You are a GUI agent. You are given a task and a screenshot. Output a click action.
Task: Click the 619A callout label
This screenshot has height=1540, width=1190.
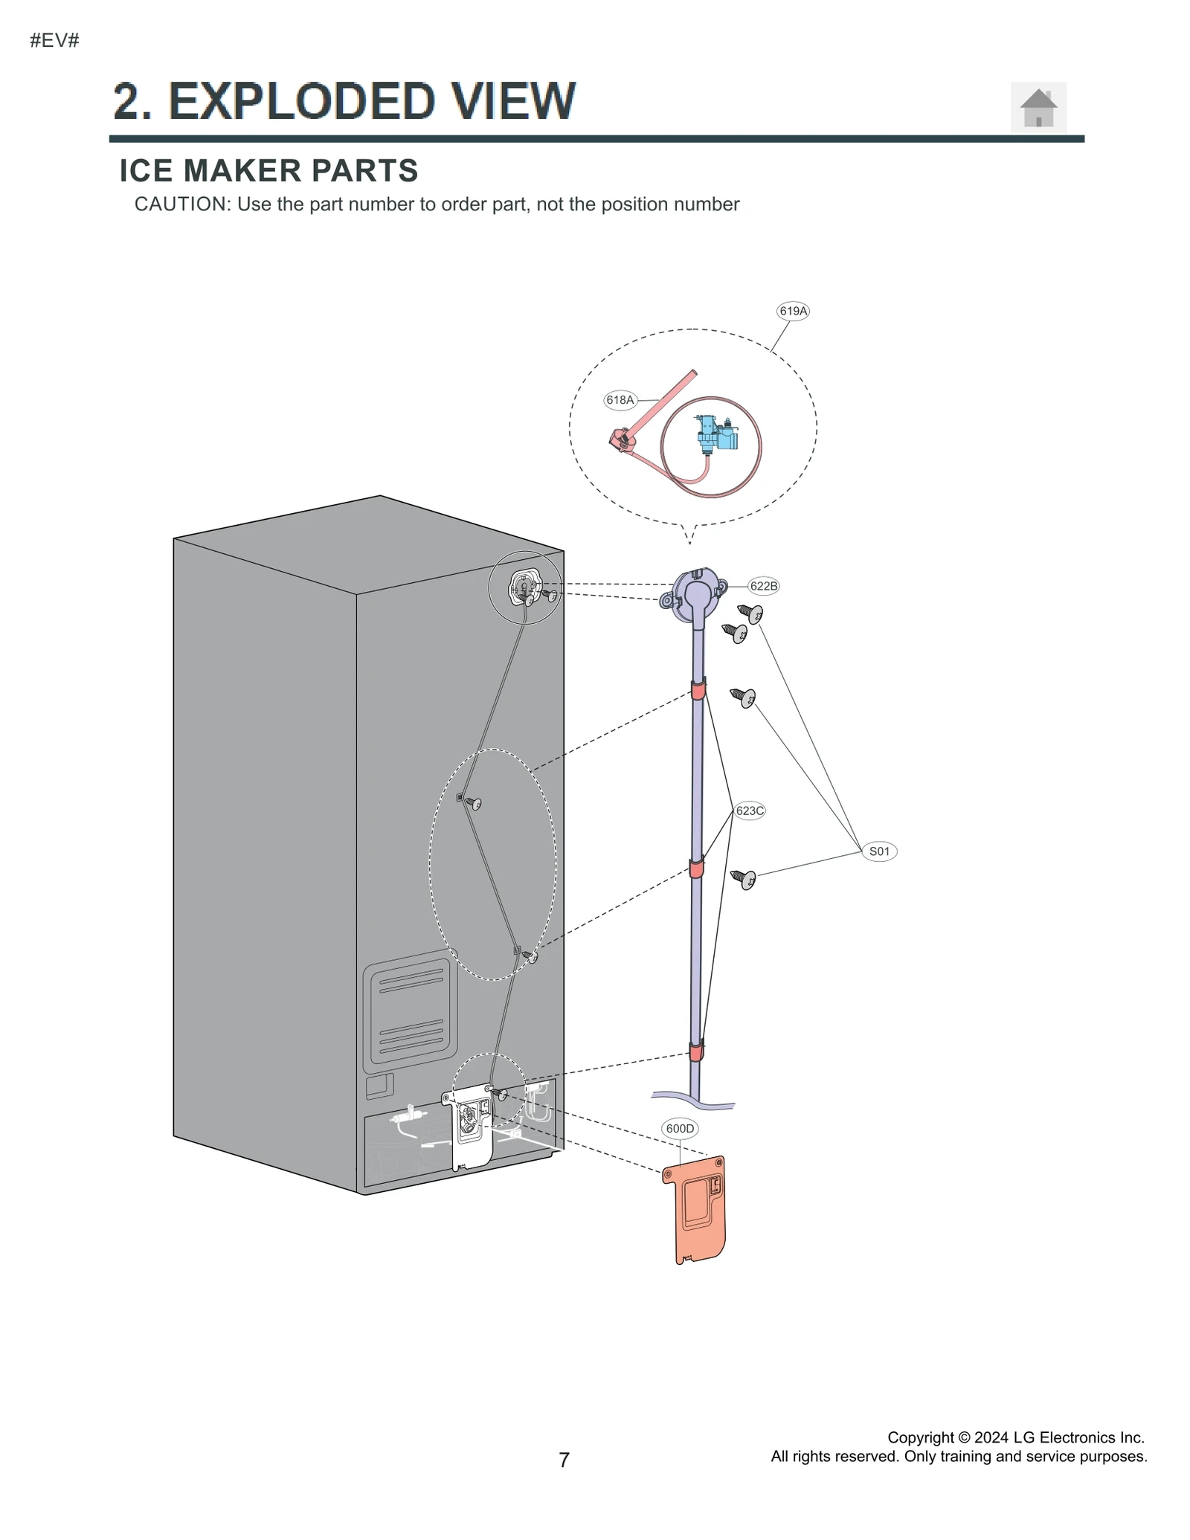792,311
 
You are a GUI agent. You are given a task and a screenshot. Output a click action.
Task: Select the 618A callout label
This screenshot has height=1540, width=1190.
620,400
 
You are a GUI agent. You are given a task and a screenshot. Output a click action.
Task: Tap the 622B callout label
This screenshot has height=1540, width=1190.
763,586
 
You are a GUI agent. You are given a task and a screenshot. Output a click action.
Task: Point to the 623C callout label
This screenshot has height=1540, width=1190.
749,811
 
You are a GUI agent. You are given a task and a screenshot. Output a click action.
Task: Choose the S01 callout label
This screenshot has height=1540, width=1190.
879,851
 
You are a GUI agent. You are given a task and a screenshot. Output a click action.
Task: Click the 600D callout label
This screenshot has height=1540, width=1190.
679,1129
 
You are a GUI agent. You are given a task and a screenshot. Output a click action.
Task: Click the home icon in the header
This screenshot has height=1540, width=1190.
1038,109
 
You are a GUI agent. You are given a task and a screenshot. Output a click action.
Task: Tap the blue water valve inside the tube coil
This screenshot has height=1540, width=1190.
715,434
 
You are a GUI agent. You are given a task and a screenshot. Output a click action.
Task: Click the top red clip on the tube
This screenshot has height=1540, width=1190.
698,691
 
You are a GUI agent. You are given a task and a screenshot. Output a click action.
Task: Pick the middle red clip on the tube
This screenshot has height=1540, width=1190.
696,868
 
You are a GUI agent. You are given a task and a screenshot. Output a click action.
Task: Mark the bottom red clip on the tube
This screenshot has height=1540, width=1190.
695,1051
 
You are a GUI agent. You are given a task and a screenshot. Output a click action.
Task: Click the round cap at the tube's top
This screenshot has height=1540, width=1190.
696,595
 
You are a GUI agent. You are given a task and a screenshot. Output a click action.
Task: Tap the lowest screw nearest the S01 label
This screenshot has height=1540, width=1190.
744,880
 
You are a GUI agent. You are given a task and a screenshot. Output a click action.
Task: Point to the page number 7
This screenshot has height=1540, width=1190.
564,1460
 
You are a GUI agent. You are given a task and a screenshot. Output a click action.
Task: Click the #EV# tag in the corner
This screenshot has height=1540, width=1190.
54,41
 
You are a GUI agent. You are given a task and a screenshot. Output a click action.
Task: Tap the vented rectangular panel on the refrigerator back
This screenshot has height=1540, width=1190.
410,1011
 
